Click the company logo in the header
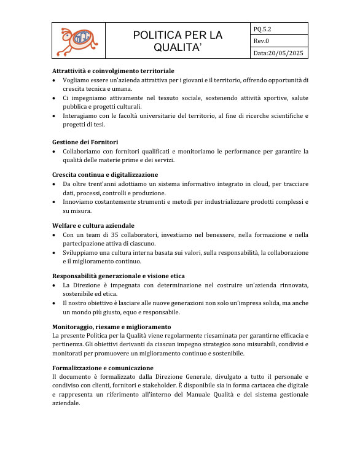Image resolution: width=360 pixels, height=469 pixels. (x=78, y=41)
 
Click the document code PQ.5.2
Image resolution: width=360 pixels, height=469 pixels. (x=263, y=28)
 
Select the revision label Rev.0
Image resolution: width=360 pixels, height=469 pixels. (x=262, y=41)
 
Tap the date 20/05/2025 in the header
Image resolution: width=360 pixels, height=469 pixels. (x=288, y=53)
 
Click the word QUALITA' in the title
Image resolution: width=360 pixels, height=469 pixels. (x=178, y=47)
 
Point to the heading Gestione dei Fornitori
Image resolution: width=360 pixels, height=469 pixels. (x=85, y=142)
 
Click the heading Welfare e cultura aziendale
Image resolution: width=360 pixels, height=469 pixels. (x=93, y=225)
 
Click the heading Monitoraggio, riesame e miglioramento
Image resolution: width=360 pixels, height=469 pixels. (x=111, y=327)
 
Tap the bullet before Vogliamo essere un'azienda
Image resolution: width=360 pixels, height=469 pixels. (x=55, y=80)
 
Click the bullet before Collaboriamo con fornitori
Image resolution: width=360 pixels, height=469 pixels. (x=55, y=151)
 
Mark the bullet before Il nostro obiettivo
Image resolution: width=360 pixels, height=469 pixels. (x=55, y=303)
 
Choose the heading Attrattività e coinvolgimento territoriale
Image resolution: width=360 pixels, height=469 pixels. (x=113, y=71)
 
